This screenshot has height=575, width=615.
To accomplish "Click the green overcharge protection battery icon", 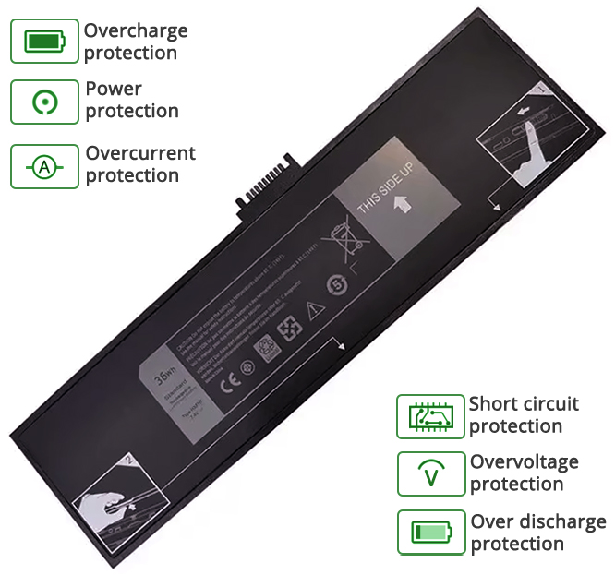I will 44,42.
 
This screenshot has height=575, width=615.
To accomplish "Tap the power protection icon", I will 44,102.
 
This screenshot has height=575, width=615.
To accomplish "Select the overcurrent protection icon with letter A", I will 44,167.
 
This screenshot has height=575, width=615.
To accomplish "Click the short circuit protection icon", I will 430,416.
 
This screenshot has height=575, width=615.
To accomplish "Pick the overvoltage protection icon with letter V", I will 430,474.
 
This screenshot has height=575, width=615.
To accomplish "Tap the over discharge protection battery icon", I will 430,533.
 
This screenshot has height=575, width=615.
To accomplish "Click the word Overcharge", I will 136,30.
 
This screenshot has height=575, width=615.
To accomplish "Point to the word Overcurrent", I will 140,153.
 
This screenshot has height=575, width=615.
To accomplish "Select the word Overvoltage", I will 525,461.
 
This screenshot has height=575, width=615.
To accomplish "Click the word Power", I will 114,90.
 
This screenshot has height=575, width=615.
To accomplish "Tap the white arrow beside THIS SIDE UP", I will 403,204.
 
